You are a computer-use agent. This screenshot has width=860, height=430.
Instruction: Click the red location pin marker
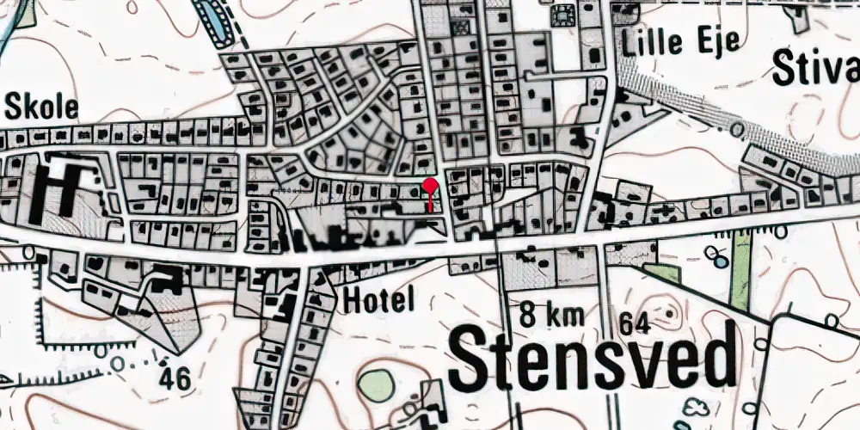(430, 187)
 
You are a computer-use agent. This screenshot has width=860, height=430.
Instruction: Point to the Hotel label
(378, 299)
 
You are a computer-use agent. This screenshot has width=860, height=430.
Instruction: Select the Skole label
(41, 107)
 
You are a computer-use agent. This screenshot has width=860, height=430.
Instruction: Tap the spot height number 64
(634, 324)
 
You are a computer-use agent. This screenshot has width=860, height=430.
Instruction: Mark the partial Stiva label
(816, 68)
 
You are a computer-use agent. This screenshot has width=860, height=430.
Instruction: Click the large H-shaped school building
(52, 187)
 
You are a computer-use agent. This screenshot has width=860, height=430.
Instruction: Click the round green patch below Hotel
(377, 384)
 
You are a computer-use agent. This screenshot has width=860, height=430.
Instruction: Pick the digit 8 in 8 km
(526, 316)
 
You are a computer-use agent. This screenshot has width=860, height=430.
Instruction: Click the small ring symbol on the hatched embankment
(736, 129)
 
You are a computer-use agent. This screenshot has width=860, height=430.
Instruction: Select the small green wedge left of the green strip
(662, 273)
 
